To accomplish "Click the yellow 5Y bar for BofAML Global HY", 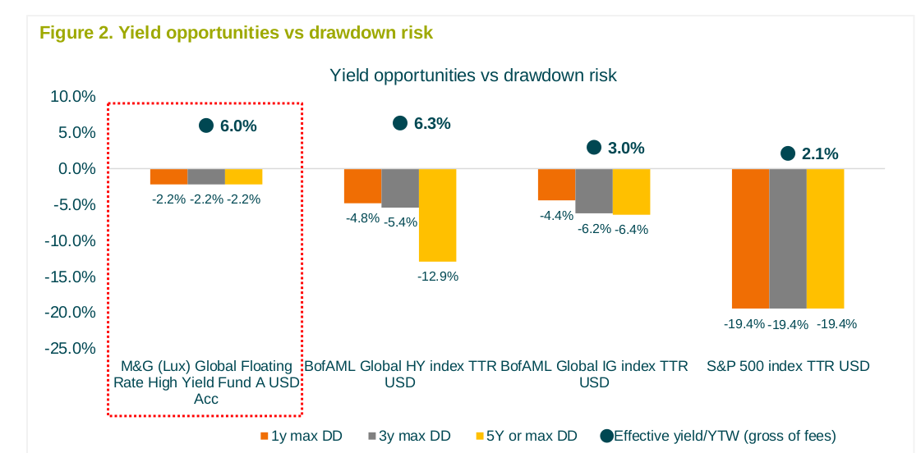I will pyautogui.click(x=437, y=215).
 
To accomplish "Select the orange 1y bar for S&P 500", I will pyautogui.click(x=750, y=238).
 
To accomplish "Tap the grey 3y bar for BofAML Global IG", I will pyautogui.click(x=594, y=190).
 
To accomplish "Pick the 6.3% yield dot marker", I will pyautogui.click(x=400, y=123).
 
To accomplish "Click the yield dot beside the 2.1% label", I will pyautogui.click(x=788, y=153).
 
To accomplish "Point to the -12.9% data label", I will pyautogui.click(x=438, y=277).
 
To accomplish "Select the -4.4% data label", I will pyautogui.click(x=556, y=215).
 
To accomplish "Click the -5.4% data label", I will pyautogui.click(x=401, y=222).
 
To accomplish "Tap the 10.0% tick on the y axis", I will pyautogui.click(x=73, y=97).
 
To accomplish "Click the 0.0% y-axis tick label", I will pyautogui.click(x=76, y=169).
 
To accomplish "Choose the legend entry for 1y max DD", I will pyautogui.click(x=301, y=436).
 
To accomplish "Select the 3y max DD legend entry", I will pyautogui.click(x=408, y=436).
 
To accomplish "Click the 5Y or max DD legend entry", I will pyautogui.click(x=526, y=436).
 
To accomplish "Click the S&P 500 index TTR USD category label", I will pyautogui.click(x=788, y=366).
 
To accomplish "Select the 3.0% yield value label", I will pyautogui.click(x=627, y=149).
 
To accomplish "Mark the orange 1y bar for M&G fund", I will pyautogui.click(x=168, y=176).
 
